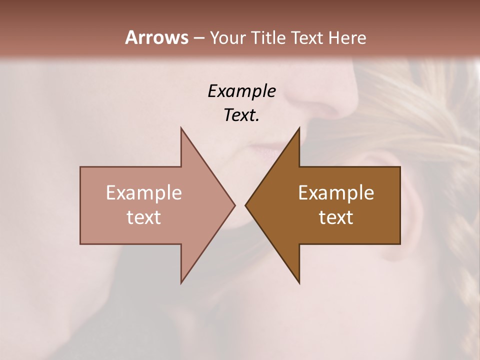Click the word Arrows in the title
[156, 37]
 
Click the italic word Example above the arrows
[241, 91]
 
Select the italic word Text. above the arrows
[241, 115]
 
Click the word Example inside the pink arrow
[144, 193]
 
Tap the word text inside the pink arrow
[144, 217]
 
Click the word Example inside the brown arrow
[336, 193]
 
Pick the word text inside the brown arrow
[336, 217]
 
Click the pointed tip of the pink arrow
[233, 205]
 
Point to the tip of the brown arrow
[246, 205]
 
